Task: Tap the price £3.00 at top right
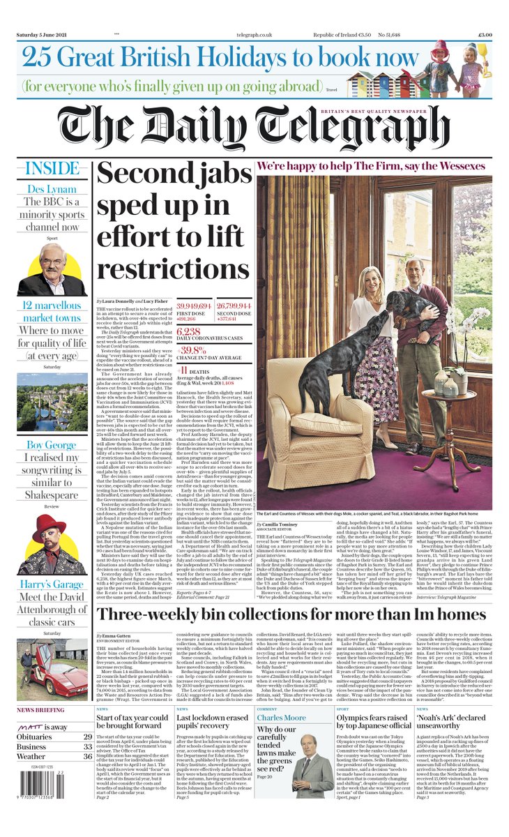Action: point(485,34)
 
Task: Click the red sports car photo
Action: point(52,677)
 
